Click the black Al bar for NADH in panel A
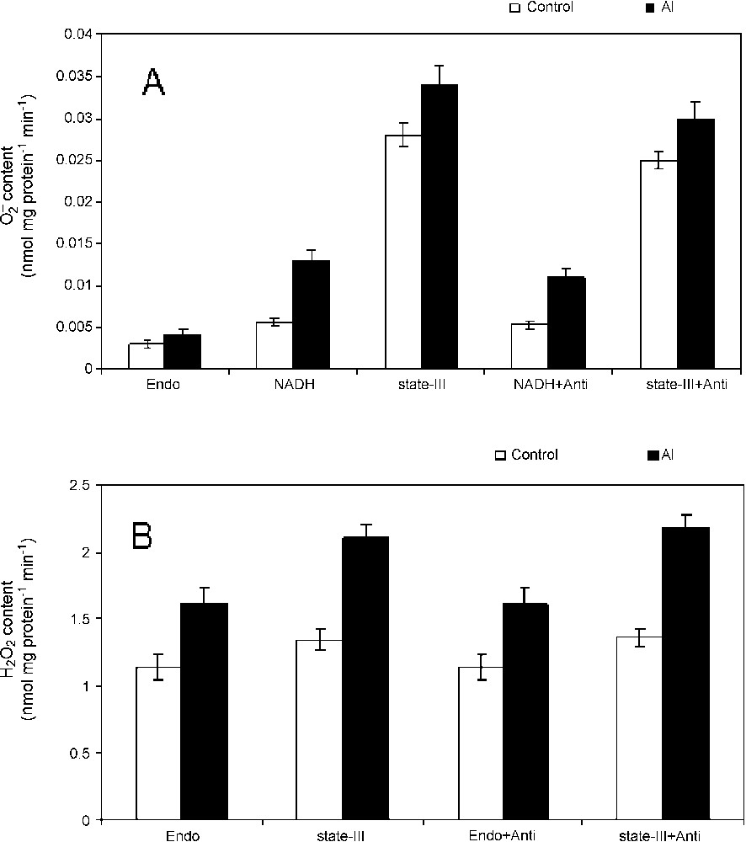(x=312, y=315)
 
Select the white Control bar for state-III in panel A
(x=397, y=252)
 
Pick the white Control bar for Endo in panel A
(x=146, y=356)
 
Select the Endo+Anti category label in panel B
(x=502, y=836)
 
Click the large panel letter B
(x=141, y=535)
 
